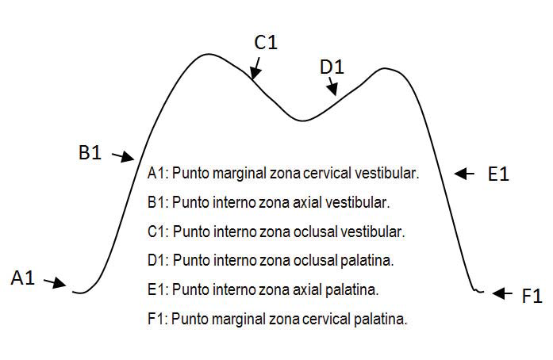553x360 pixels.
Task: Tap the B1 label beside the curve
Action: tap(90, 153)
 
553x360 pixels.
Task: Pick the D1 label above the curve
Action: tap(332, 68)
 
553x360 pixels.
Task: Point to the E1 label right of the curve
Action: tap(497, 174)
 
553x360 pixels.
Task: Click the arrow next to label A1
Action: tap(54, 282)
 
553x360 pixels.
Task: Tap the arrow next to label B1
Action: tap(122, 157)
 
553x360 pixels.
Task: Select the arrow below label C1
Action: tap(254, 71)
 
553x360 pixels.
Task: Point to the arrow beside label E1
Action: tap(465, 173)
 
